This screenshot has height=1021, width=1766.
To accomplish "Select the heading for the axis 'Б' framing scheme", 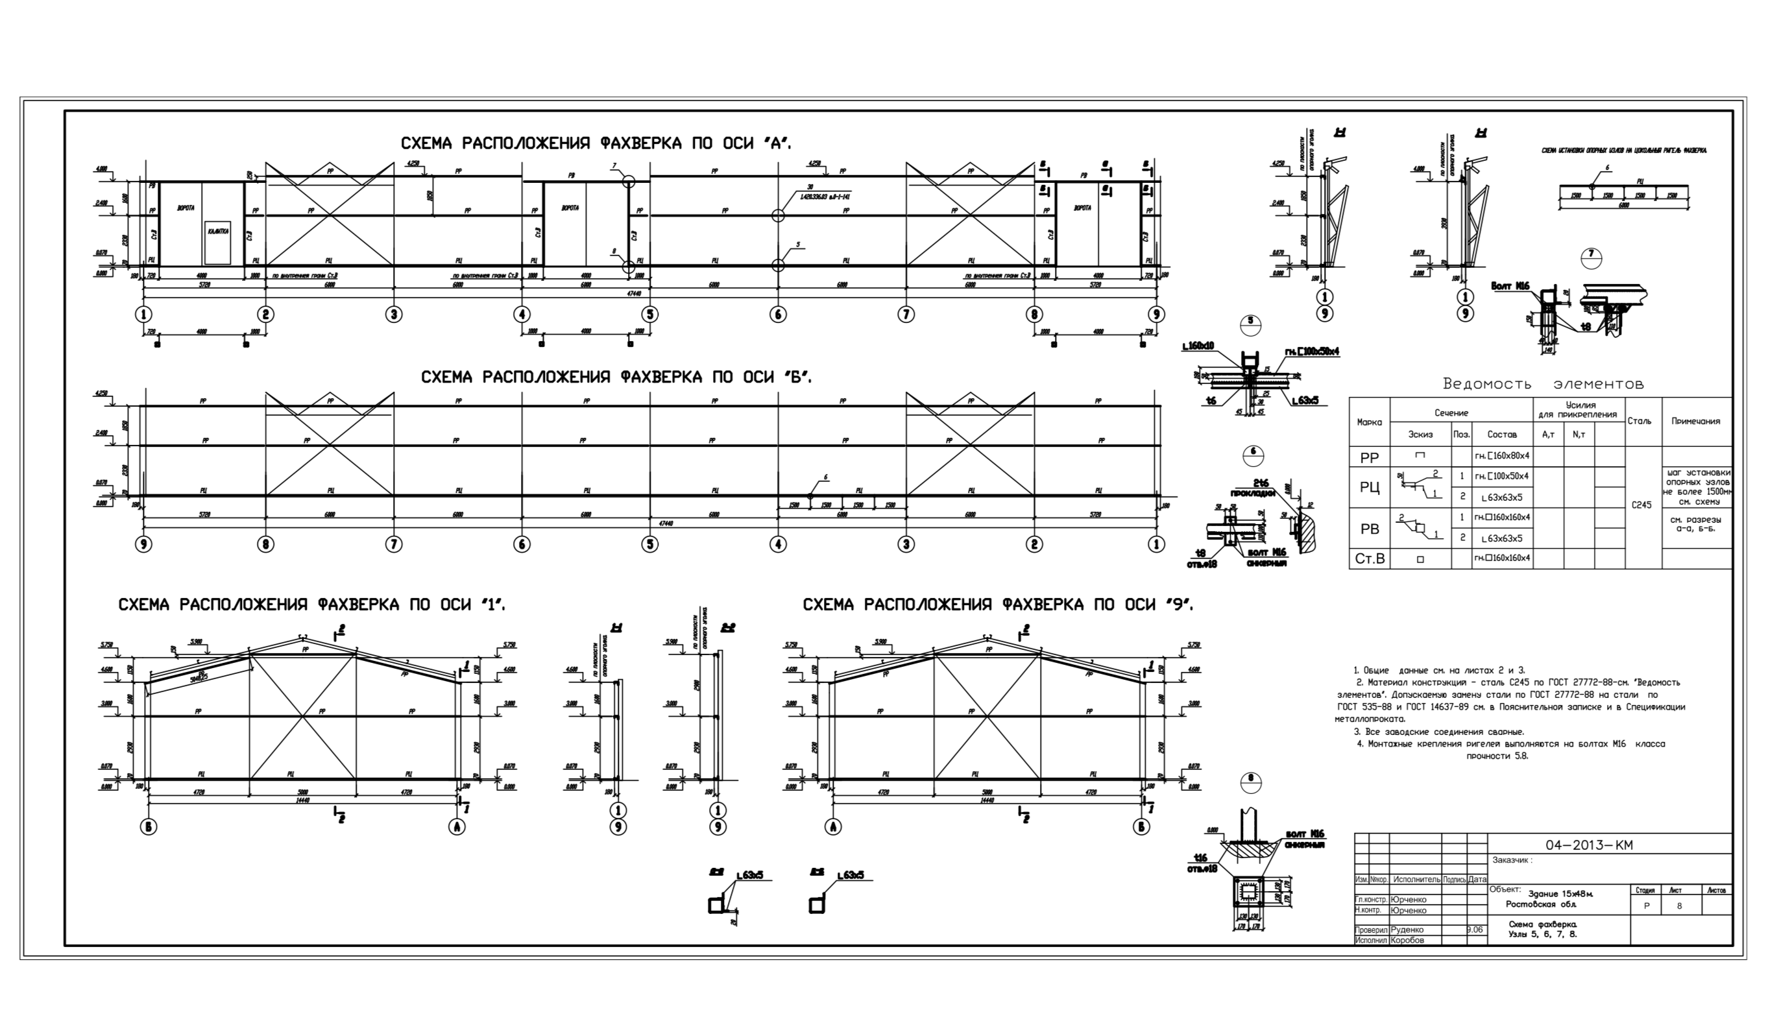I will click(617, 377).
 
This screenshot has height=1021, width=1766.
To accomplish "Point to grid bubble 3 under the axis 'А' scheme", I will click(394, 315).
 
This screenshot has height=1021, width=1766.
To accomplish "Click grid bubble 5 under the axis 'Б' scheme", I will click(649, 544).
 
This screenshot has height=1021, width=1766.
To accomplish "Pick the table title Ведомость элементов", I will click(1542, 384).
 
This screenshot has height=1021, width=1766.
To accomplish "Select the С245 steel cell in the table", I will click(1641, 505).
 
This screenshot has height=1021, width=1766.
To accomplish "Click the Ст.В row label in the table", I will click(1369, 559).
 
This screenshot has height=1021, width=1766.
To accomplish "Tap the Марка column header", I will click(1370, 422).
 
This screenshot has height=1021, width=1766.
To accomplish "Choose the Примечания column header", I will click(1695, 421).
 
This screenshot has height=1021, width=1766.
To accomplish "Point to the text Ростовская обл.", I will click(1541, 904).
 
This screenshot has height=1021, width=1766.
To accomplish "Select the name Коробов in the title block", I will click(1406, 941).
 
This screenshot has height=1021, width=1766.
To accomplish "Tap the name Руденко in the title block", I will click(1406, 930).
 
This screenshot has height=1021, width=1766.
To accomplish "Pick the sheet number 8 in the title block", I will click(1679, 906).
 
